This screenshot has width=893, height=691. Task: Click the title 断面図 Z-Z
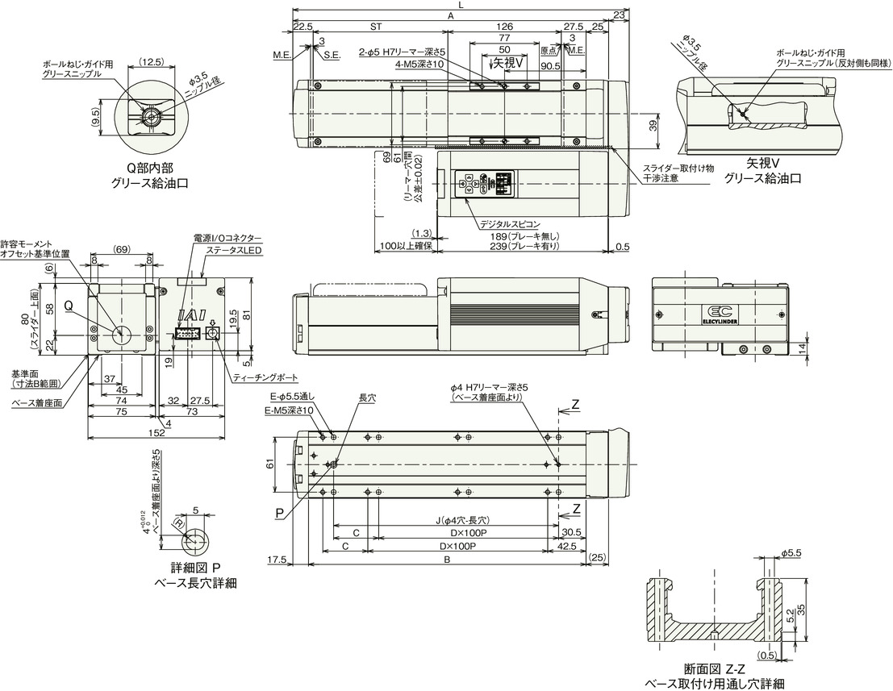tap(712, 668)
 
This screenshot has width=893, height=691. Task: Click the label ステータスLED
tap(235, 252)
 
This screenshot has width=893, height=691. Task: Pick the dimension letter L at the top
tap(459, 5)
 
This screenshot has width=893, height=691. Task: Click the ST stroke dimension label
tap(375, 26)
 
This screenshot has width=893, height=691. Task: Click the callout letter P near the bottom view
tap(279, 513)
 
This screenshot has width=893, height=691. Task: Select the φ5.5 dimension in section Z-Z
tap(791, 553)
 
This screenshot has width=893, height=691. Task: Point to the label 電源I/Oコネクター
tap(227, 239)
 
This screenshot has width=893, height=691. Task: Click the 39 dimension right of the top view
tap(653, 125)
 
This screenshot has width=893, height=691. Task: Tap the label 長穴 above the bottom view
tap(367, 398)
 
